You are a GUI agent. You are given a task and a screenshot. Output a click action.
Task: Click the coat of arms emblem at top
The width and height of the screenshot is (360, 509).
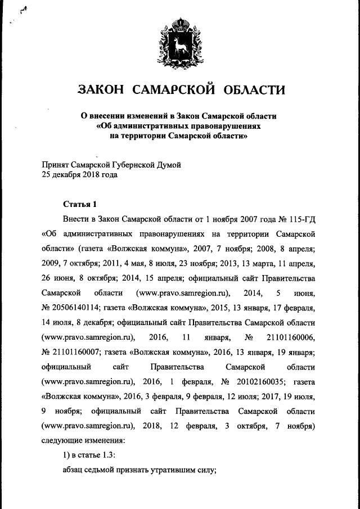click(x=180, y=40)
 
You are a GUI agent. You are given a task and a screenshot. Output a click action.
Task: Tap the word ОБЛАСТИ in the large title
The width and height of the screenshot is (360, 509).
click(x=253, y=89)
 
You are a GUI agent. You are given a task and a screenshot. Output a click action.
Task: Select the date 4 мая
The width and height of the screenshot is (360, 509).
click(x=160, y=263)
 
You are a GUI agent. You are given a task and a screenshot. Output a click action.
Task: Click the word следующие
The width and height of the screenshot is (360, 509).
click(x=64, y=442)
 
